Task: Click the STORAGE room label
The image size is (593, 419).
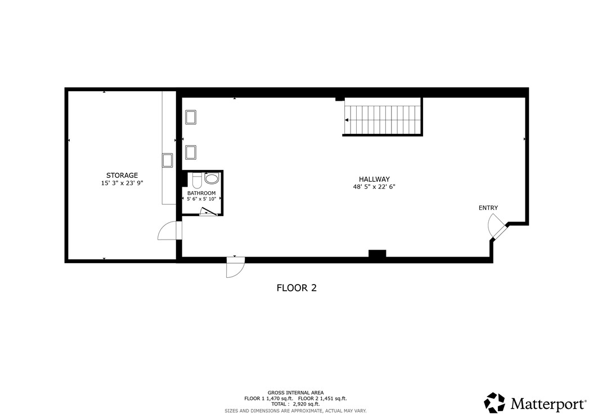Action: [122, 175]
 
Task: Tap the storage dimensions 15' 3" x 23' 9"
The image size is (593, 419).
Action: [122, 183]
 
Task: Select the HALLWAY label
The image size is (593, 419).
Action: [374, 179]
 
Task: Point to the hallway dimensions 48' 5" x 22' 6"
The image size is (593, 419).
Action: [374, 186]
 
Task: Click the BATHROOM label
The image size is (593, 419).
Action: [201, 193]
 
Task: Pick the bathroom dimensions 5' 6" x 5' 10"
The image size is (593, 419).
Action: [201, 199]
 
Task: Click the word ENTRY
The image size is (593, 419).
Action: [488, 208]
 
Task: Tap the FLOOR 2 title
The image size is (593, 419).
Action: [296, 288]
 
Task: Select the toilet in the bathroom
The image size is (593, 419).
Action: [197, 181]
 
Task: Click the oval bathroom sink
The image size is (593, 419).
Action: [212, 178]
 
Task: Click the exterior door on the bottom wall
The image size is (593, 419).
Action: [235, 267]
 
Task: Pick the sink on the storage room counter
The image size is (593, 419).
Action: [167, 160]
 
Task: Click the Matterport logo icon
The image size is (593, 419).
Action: [495, 403]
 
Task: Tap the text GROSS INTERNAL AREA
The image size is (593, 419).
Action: [296, 393]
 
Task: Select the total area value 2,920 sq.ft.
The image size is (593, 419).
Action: [306, 404]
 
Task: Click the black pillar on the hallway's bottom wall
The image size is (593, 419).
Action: [378, 254]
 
